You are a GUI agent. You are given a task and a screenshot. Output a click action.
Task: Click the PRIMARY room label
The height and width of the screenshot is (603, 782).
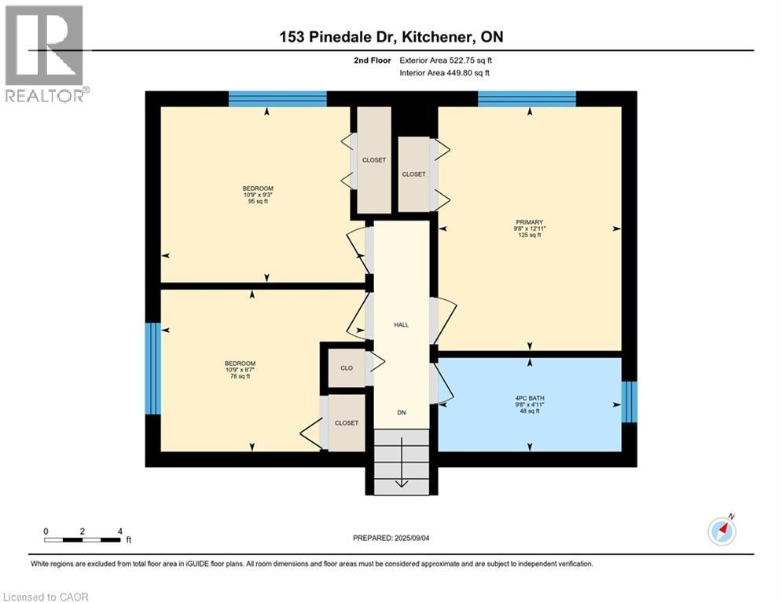coord(529,222)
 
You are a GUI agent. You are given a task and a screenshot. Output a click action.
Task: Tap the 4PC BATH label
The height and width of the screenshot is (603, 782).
coord(529,398)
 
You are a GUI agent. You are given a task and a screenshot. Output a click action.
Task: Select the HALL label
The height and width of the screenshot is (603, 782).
coord(401,324)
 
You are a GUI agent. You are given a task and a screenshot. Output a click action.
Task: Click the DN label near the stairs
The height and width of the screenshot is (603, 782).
coord(401,411)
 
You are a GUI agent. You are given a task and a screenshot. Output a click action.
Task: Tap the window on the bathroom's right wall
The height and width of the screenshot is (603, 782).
coord(629,402)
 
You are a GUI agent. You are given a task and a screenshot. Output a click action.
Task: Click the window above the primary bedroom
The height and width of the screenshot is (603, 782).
coord(527,98)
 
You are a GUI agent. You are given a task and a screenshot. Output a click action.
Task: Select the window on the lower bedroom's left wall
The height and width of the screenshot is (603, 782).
coord(153,368)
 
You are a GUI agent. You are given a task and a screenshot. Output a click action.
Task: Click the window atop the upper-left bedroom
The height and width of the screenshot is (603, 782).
coord(277,98)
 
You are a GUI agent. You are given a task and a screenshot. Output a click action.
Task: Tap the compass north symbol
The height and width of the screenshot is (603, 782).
coord(722,532)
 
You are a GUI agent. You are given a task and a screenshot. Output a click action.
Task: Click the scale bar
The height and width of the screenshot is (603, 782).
coord(82,539)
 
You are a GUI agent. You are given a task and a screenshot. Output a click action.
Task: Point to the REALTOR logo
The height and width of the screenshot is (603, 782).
coord(45,53)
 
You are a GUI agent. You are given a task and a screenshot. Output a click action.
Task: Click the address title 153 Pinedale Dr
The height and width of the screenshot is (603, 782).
coord(391,36)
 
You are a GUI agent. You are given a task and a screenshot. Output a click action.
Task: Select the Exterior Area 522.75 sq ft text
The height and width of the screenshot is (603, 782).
coord(446,60)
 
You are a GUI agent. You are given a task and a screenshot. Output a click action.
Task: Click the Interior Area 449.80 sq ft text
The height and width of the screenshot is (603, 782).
coord(445,73)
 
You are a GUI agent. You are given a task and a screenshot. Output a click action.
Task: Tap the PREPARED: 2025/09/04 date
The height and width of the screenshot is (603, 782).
coord(391,538)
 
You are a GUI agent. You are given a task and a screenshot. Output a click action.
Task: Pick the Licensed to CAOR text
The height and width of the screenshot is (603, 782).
coord(46,597)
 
